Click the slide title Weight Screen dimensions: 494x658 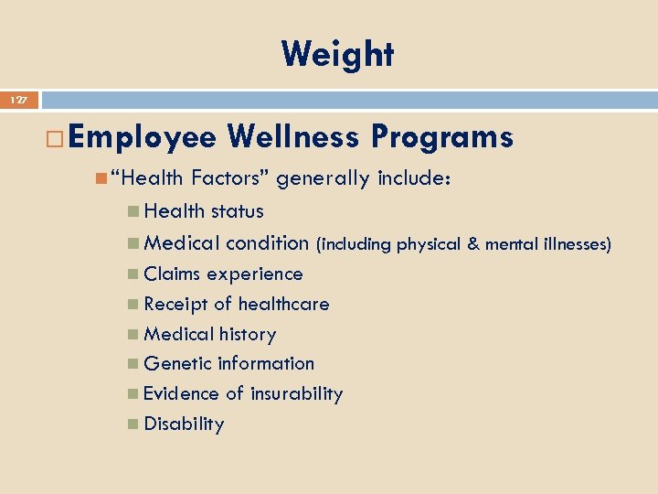[x=337, y=55]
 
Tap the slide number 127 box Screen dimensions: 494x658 [x=19, y=99]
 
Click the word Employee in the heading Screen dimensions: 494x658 [x=142, y=137]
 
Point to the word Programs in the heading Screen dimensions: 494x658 [x=441, y=137]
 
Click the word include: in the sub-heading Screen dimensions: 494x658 [x=414, y=177]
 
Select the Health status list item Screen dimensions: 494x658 [x=203, y=211]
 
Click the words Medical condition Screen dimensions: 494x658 [x=226, y=243]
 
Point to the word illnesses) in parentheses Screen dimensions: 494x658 [x=575, y=244]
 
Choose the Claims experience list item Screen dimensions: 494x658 [x=223, y=274]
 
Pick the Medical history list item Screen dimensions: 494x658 [x=209, y=335]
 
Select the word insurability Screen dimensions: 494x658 [x=297, y=394]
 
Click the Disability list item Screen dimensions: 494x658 [x=184, y=424]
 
